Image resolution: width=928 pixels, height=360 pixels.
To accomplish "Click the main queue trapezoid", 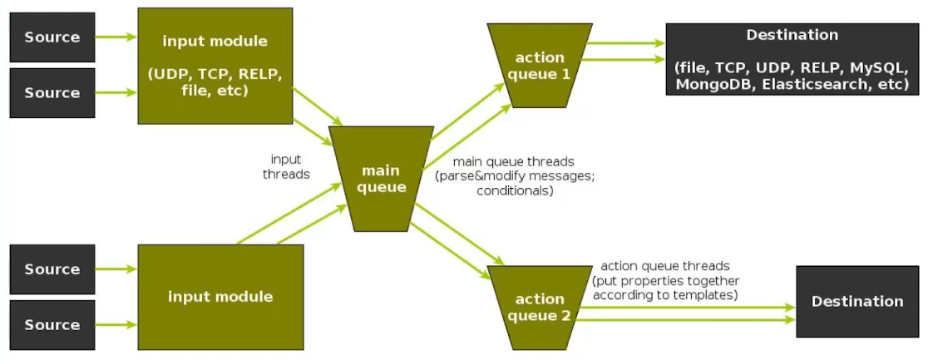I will [383, 179].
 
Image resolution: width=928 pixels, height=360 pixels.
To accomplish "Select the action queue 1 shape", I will [540, 66].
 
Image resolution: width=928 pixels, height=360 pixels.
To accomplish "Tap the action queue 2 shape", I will [540, 307].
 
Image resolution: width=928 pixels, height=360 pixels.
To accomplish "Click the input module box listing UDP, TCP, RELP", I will [215, 66].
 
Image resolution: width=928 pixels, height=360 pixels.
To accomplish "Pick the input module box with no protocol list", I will [220, 297].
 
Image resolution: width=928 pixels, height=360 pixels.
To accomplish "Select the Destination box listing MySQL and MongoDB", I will [792, 60].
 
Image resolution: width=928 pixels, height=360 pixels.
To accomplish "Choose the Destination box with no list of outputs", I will [857, 301].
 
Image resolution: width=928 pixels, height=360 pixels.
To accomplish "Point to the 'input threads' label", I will [286, 166].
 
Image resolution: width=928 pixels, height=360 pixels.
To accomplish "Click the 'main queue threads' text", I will [513, 161].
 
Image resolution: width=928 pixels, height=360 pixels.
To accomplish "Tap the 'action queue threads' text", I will [664, 266].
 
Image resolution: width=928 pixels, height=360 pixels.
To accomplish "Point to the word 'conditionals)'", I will [514, 191].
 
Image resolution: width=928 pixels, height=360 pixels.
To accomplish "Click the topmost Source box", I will [52, 37].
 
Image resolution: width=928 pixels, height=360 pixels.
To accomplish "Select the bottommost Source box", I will [52, 324].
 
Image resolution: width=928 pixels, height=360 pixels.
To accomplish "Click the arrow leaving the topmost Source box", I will [116, 37].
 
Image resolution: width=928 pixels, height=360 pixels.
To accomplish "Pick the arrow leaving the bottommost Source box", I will [116, 324].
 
